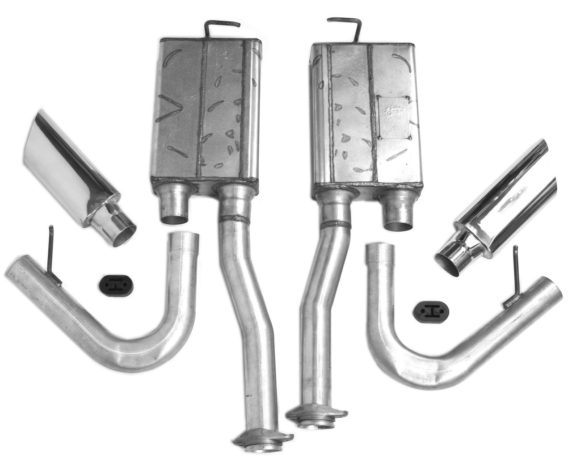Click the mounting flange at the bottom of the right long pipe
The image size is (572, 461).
pyautogui.click(x=316, y=415)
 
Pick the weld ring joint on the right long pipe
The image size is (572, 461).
pyautogui.click(x=336, y=224)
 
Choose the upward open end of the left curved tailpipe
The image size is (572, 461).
pyautogui.click(x=184, y=239)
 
